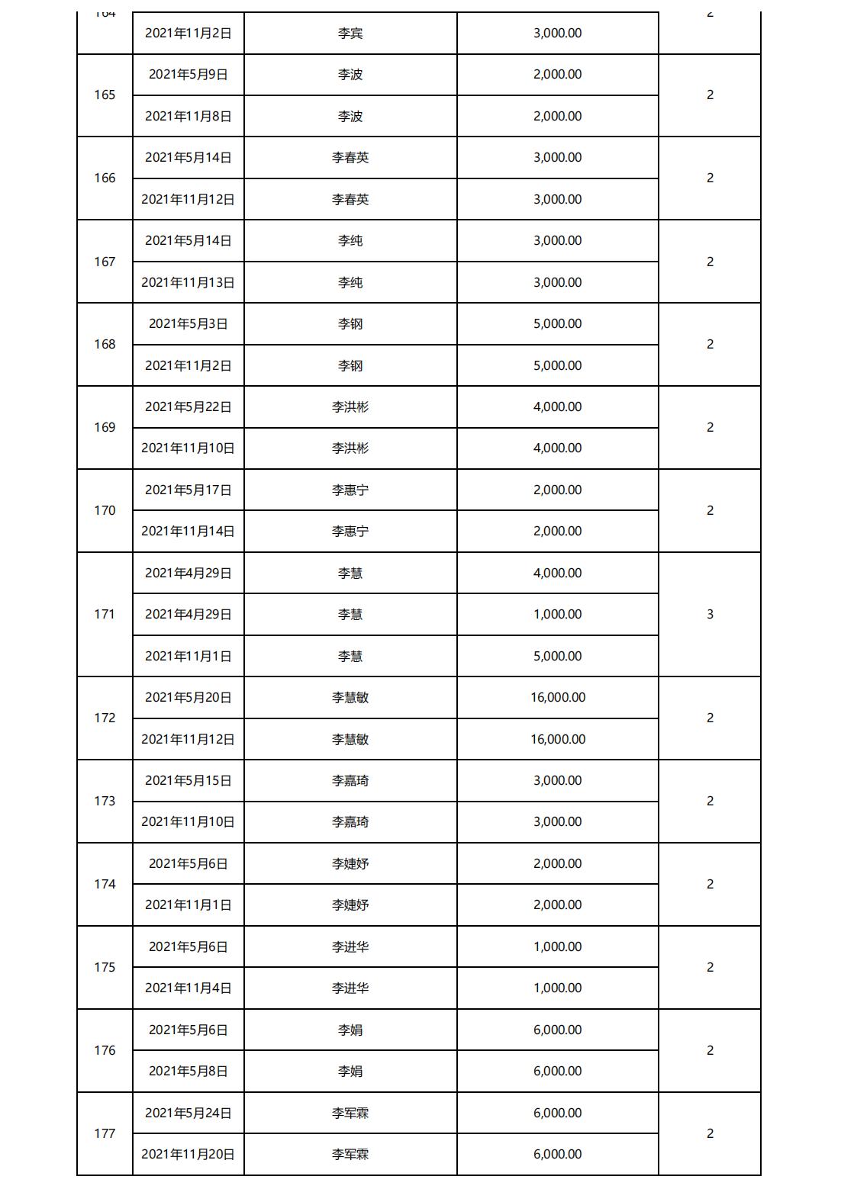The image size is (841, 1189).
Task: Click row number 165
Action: [105, 95]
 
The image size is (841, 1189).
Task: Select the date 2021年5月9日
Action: [188, 75]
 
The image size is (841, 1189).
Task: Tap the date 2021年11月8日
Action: [188, 116]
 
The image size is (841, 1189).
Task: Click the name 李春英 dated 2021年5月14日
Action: [350, 158]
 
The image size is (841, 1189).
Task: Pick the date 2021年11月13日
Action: [188, 282]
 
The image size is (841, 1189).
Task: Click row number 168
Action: [105, 345]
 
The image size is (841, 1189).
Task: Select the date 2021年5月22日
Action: [188, 407]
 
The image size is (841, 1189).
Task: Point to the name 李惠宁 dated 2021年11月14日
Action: [350, 532]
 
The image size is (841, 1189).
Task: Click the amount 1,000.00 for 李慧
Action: [557, 615]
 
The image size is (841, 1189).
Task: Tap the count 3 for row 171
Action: [710, 615]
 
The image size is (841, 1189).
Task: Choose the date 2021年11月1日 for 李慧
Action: [188, 656]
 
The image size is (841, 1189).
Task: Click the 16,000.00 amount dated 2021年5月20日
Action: [557, 698]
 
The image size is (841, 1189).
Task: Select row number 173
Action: [105, 802]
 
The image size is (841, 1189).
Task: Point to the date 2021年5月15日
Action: [188, 781]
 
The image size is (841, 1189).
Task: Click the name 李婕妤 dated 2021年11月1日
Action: [350, 905]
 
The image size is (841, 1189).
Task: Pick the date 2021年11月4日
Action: [188, 988]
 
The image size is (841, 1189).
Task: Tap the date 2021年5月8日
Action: [188, 1072]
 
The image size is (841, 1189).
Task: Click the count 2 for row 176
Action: [710, 1051]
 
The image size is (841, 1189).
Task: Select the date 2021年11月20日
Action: [188, 1155]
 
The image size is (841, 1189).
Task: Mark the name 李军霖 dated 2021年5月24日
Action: [350, 1113]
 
